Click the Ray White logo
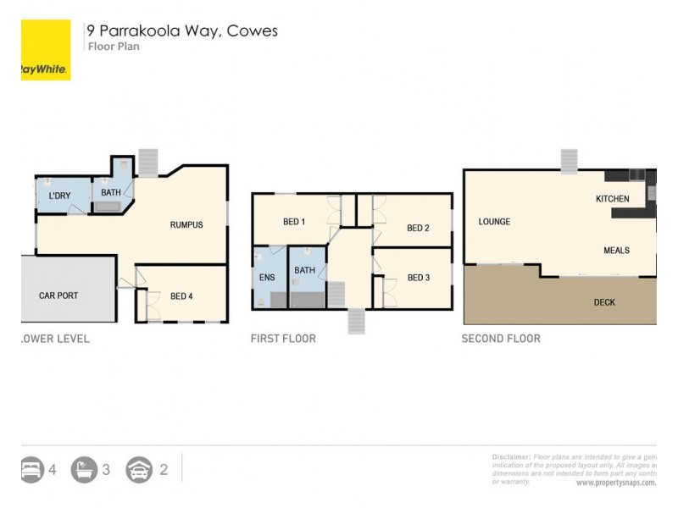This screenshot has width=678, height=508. point(46,51)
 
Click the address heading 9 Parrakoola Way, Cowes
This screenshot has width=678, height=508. point(182,31)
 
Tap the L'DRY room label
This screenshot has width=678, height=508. point(59,196)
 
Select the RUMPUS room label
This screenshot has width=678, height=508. point(186,224)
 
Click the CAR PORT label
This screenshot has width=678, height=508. point(58,295)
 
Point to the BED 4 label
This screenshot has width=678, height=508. point(181,295)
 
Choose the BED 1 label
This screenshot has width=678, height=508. point(294,222)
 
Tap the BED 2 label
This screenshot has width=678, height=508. point(418,228)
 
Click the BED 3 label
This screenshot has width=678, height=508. point(419,278)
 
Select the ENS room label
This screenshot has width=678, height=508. point(267,277)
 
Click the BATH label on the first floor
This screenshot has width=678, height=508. point(304,271)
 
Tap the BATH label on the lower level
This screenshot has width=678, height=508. point(111,193)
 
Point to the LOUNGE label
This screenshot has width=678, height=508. point(494,222)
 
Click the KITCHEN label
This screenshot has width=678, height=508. point(612,199)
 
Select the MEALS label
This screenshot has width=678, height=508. point(616,251)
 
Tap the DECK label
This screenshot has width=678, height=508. point(604,302)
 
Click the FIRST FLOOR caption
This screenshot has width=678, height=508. point(283,339)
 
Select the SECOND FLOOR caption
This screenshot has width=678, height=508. point(501,339)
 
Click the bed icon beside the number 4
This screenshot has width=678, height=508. point(31,469)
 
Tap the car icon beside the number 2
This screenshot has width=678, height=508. point(139,469)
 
